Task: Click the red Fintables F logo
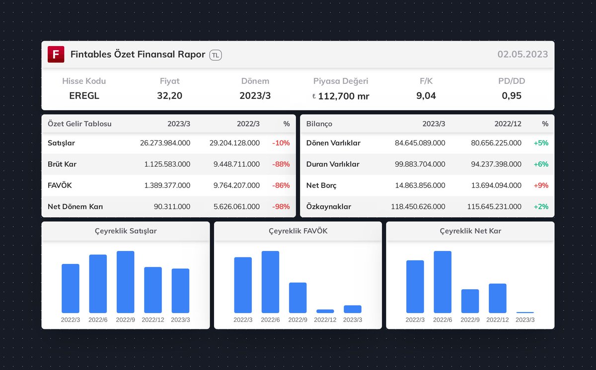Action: tap(56, 55)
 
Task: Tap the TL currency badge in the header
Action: tap(216, 55)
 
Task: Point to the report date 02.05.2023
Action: tap(522, 55)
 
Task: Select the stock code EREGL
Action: tap(84, 96)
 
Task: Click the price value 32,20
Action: tap(169, 96)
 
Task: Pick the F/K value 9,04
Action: tap(426, 96)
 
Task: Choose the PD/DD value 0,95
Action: tap(512, 96)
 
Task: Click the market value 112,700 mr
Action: tap(343, 96)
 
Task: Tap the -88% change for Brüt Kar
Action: tap(281, 164)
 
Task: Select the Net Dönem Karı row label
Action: tap(75, 207)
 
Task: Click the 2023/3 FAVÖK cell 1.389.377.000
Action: tap(167, 185)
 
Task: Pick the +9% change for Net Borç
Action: tap(541, 185)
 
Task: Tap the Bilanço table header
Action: tap(319, 124)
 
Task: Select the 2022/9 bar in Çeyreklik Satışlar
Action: tap(126, 282)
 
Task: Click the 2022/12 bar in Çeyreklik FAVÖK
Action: tap(325, 311)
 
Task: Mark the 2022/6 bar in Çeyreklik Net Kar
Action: tap(443, 282)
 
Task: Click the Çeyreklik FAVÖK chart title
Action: tap(298, 231)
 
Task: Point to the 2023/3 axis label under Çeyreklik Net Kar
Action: tap(525, 320)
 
